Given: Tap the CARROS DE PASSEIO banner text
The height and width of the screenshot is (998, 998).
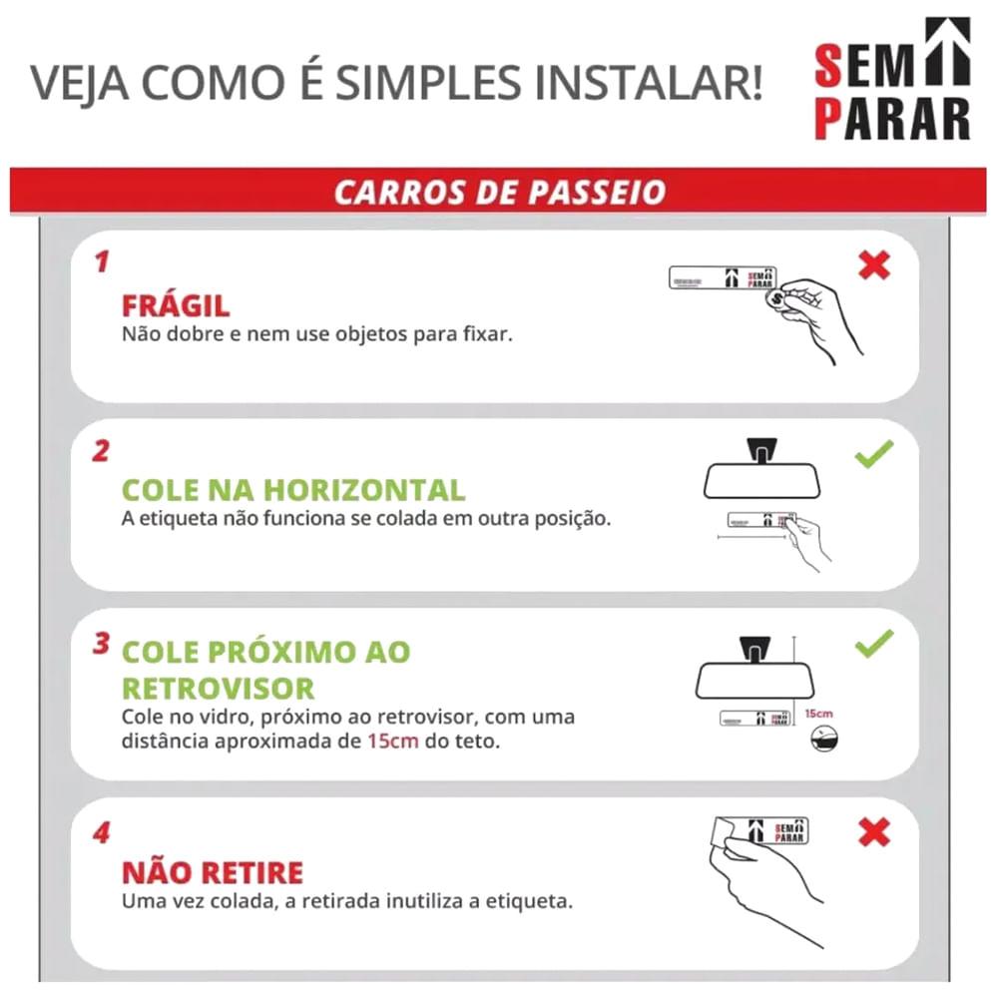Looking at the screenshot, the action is coord(500,193).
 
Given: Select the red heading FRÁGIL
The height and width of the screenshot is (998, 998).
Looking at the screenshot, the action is coord(176,306).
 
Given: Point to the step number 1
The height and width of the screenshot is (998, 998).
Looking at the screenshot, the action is coord(102,262).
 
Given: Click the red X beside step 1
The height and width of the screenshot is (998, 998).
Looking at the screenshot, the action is coord(874,265).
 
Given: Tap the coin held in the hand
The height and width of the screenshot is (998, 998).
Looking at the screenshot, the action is coord(776,297).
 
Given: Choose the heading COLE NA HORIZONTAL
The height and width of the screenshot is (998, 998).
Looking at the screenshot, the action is coord(293,490).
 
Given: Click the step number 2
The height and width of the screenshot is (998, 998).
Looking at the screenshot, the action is coord(101,451).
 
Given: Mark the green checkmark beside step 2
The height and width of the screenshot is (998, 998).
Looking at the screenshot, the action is coord(874,454).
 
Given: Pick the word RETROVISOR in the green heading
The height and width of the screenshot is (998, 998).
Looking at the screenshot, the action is coord(219,689).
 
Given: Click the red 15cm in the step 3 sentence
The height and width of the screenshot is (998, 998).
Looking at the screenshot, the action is coord(392,741).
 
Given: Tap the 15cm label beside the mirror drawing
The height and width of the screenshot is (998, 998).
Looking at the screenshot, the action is coord(818,714).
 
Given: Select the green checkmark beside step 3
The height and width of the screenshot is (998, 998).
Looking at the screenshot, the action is coord(874,644).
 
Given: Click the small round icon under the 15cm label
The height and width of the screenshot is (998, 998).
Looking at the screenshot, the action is coord(825,739).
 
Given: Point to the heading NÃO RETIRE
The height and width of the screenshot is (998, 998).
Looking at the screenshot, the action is coord(213,872).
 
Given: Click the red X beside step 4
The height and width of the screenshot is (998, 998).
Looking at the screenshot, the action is coord(874,832).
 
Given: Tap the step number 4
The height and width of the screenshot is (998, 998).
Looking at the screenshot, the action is coord(102,832).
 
